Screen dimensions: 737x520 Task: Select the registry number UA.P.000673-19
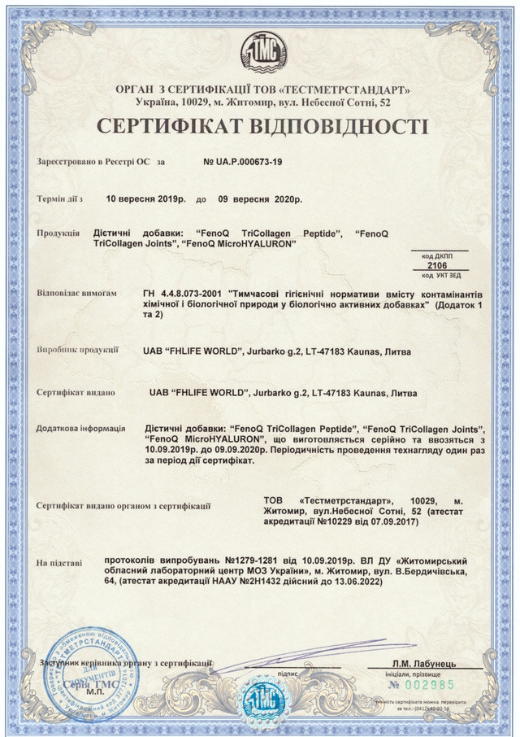243,162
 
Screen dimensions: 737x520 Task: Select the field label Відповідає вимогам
76,293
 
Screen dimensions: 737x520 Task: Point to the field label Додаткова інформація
80,428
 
